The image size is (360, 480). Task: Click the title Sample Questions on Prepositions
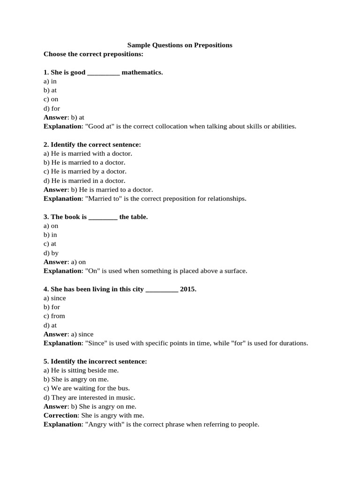[x=180, y=45]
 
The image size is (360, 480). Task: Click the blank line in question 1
[x=104, y=73]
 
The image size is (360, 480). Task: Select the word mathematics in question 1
[x=142, y=72]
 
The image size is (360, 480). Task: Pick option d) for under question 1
[x=52, y=108]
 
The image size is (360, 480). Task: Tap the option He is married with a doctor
[x=88, y=153]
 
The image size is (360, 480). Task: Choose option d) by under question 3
[x=51, y=253]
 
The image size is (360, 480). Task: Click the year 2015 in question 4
[x=188, y=289]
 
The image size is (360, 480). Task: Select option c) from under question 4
[x=54, y=316]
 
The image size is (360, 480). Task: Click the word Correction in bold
[x=60, y=415]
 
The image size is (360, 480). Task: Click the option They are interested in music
[x=89, y=397]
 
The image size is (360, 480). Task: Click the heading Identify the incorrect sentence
[x=95, y=361]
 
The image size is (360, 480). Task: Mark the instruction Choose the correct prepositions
[x=93, y=54]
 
